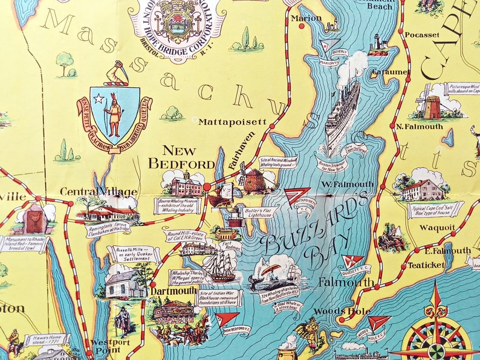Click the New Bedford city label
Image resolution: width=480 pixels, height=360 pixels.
[181, 158]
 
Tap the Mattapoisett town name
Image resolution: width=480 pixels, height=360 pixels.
[232, 121]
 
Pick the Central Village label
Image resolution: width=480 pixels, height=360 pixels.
[99, 192]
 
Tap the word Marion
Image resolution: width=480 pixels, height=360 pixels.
[306, 18]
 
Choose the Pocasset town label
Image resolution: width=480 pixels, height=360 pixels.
[423, 35]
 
